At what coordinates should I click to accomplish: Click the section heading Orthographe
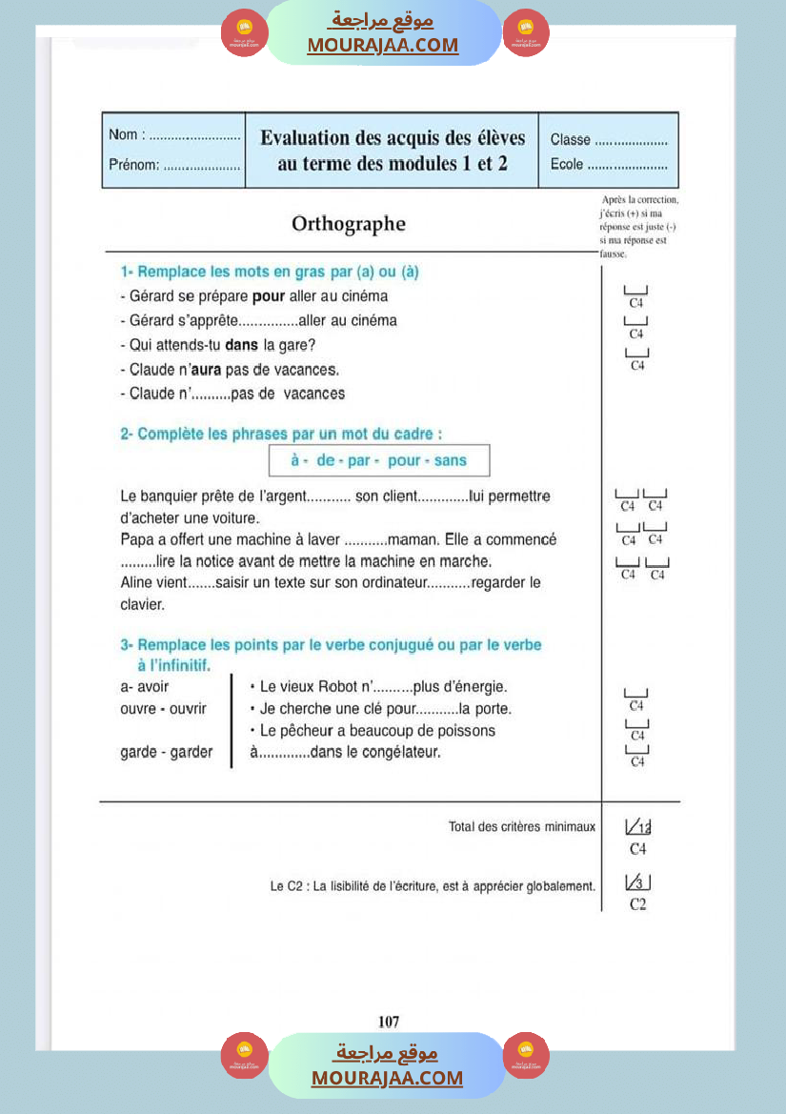pos(348,224)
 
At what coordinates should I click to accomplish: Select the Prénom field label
pos(133,164)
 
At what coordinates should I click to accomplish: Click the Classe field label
pos(571,139)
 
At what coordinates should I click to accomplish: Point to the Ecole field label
pos(567,164)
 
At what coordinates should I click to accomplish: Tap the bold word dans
pos(242,344)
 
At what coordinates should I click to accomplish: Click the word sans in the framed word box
pos(451,460)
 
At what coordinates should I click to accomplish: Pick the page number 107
pos(389,1022)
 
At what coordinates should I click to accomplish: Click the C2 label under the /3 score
pos(638,904)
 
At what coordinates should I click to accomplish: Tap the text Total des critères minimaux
pos(522,826)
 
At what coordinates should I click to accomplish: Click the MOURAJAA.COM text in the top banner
pos(382,45)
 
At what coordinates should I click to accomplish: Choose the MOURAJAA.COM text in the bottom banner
pos(387,1078)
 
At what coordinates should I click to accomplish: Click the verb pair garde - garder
pos(167,753)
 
